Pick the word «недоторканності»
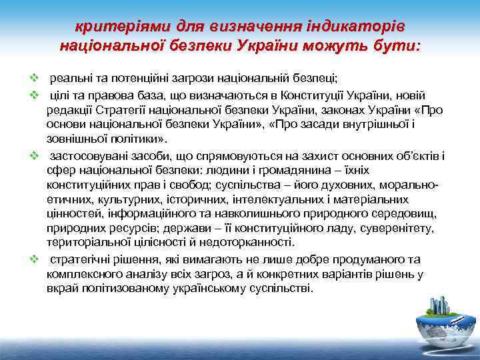[x=244, y=243]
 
